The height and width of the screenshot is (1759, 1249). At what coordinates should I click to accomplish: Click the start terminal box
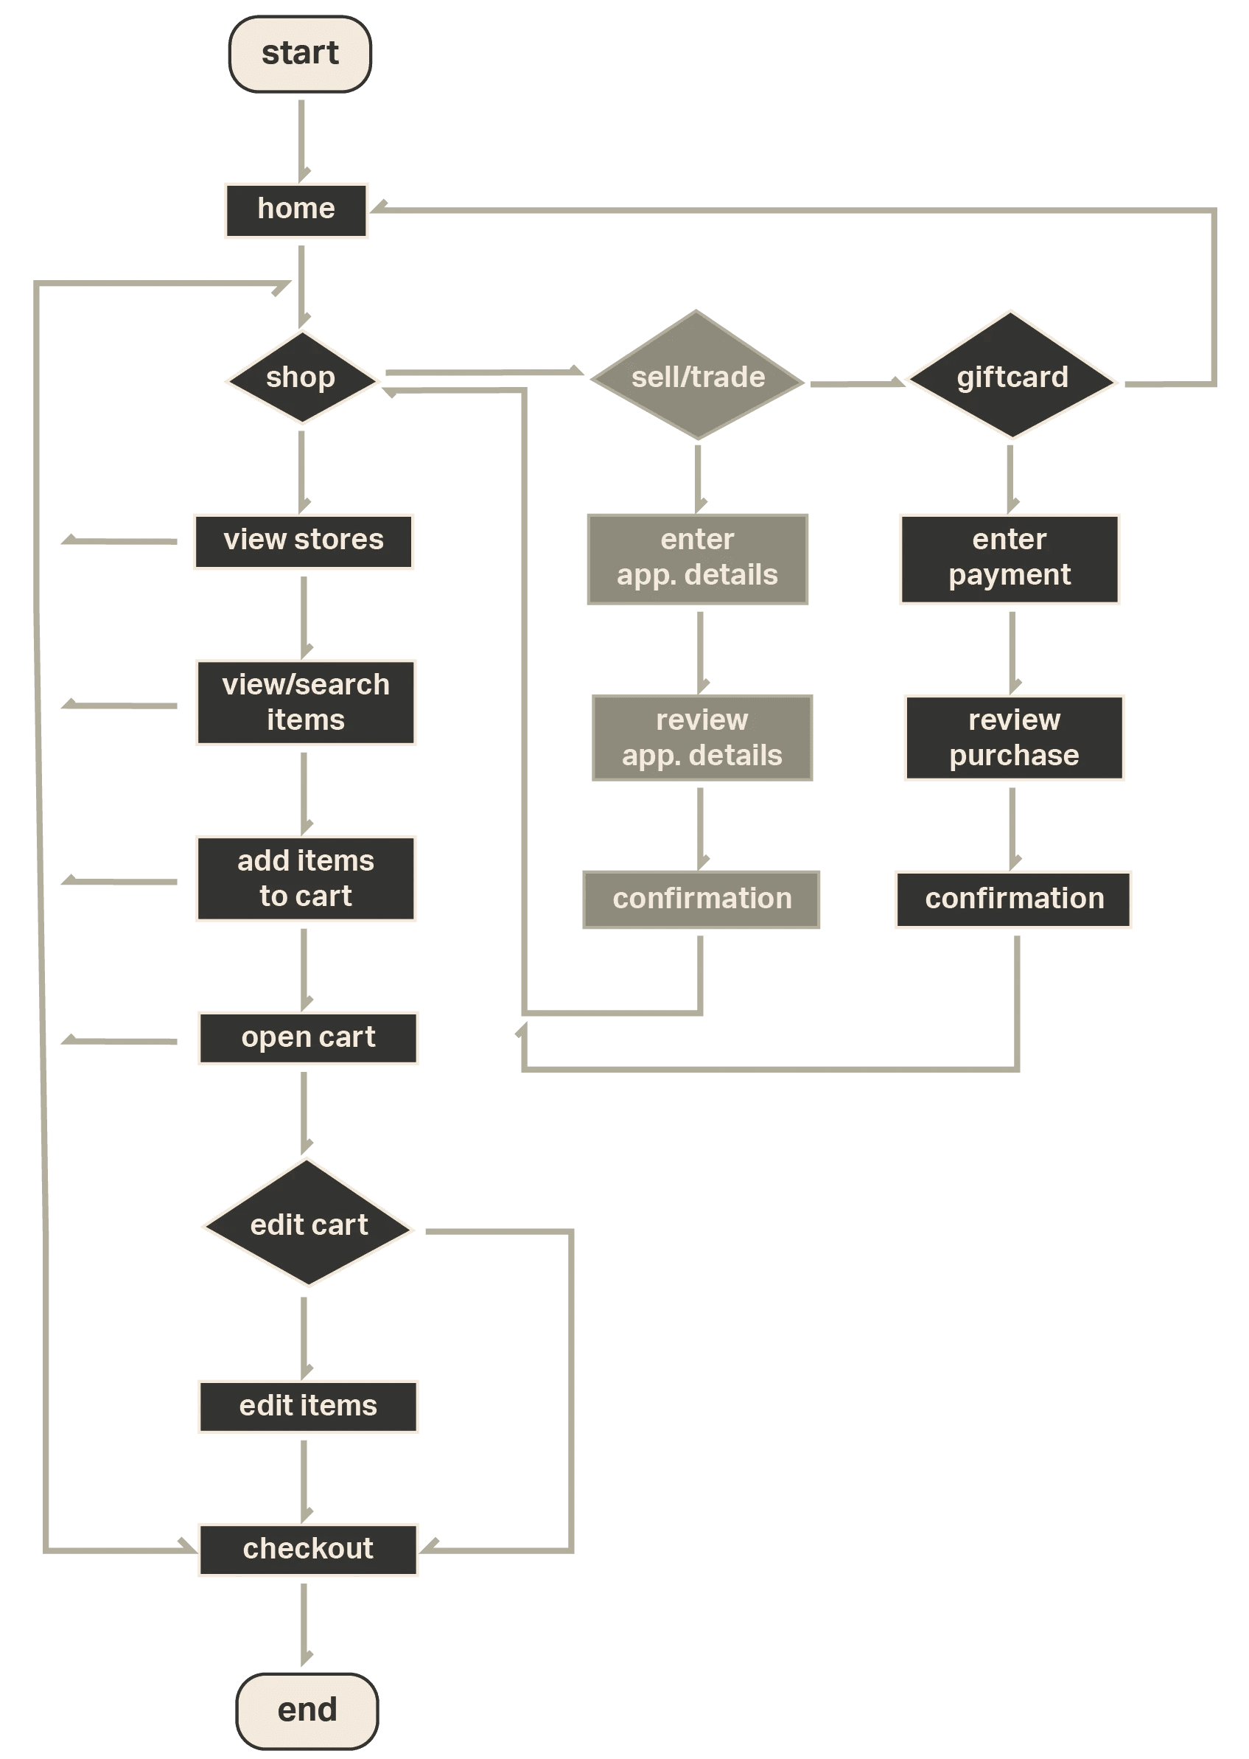coord(300,54)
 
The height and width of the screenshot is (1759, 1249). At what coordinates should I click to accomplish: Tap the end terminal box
coord(307,1710)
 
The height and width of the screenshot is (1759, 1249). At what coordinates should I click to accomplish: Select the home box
coord(296,210)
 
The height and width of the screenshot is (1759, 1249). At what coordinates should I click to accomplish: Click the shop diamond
coord(302,377)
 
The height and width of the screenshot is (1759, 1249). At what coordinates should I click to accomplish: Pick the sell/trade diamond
coord(698,376)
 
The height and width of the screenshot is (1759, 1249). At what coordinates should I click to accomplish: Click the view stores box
coord(304,542)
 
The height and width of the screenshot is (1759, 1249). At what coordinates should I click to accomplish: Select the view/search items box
coord(306,703)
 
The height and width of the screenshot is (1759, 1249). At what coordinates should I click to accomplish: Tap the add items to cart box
coord(306,879)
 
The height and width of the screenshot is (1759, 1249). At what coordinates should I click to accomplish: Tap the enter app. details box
coord(698,559)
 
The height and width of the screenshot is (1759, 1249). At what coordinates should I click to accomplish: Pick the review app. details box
coord(702,738)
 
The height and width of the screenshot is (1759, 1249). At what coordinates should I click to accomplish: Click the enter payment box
coord(1010,559)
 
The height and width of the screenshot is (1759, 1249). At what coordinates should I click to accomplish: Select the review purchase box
coord(1015,738)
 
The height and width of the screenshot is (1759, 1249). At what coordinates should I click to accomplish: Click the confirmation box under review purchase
coord(1014,899)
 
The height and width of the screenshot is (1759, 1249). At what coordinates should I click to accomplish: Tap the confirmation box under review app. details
coord(702,899)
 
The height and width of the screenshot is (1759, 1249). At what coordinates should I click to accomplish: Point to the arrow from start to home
coord(301,139)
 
